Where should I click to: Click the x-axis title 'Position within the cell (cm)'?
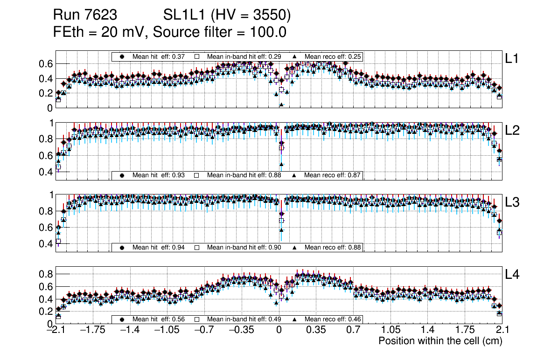click(x=440, y=341)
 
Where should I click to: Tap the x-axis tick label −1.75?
click(x=92, y=330)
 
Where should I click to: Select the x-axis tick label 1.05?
click(x=391, y=330)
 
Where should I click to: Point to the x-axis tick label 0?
click(x=279, y=330)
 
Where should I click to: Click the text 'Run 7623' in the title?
click(x=85, y=15)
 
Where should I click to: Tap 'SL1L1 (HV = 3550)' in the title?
click(x=227, y=15)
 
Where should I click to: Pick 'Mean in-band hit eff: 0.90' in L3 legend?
click(x=244, y=247)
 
